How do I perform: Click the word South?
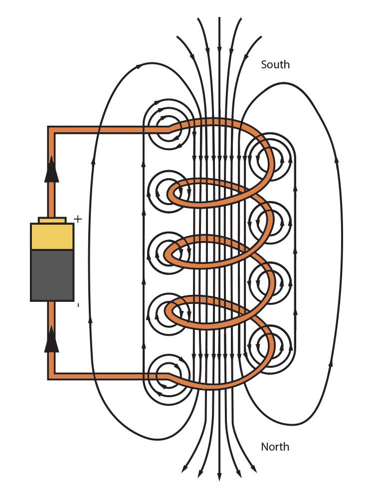point(275,65)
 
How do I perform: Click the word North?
point(275,447)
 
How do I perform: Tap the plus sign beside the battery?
point(78,219)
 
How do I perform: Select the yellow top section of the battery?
point(52,237)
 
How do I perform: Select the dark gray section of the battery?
point(52,275)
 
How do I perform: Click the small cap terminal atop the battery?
point(52,220)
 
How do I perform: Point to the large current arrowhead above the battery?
point(51,170)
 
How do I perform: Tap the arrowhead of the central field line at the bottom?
point(219,476)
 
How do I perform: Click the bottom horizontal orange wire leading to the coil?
point(110,376)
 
